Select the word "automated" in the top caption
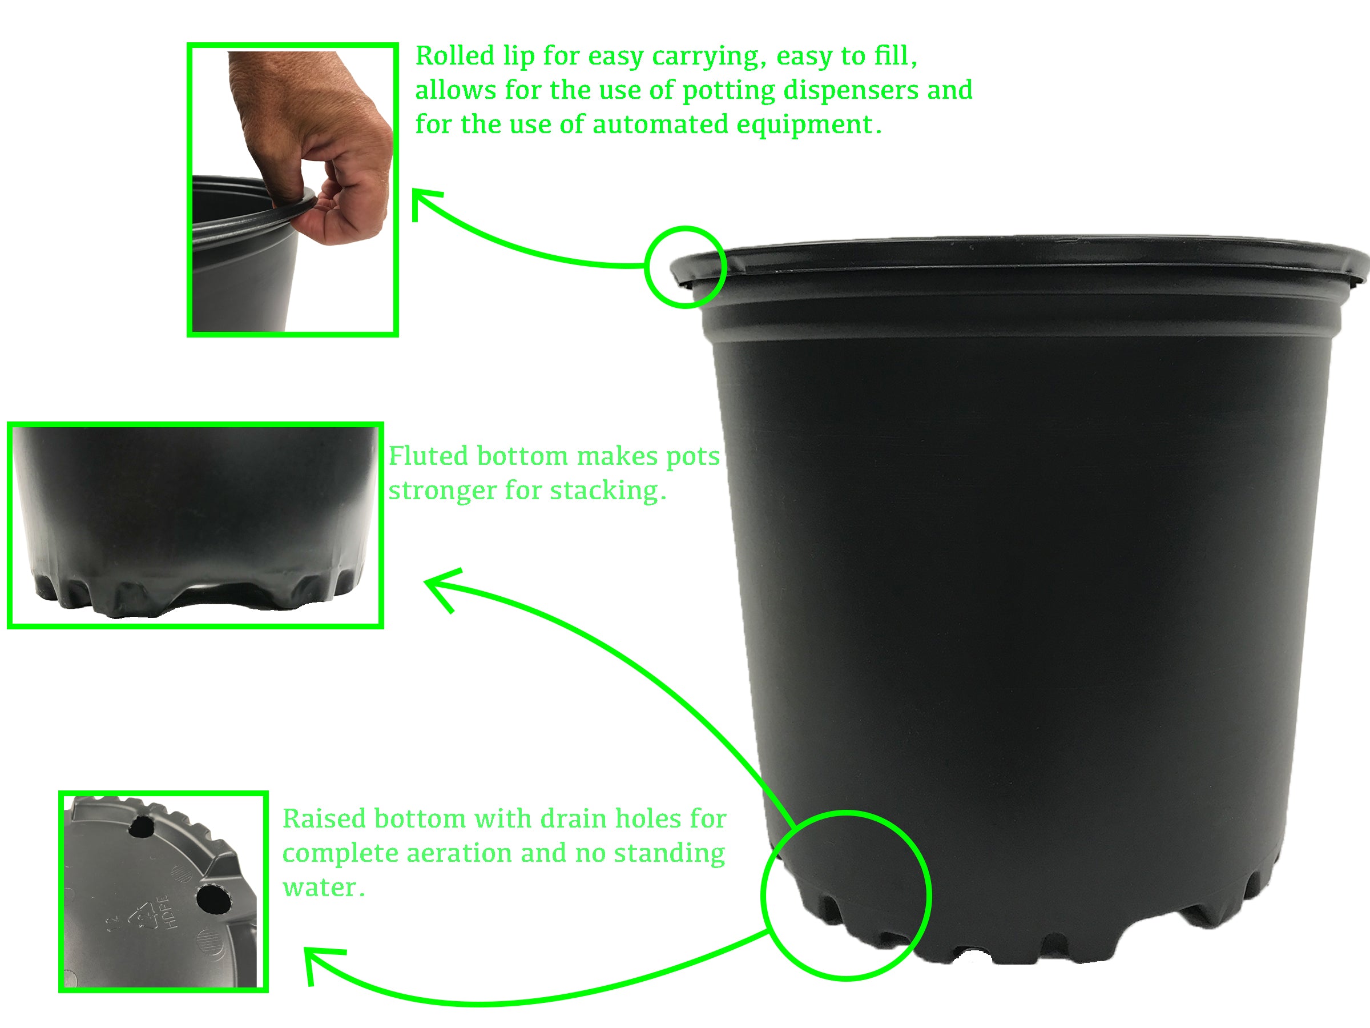(660, 125)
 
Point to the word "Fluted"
(428, 456)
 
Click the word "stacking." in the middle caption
(607, 491)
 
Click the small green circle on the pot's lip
(684, 267)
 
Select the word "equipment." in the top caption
(809, 125)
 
